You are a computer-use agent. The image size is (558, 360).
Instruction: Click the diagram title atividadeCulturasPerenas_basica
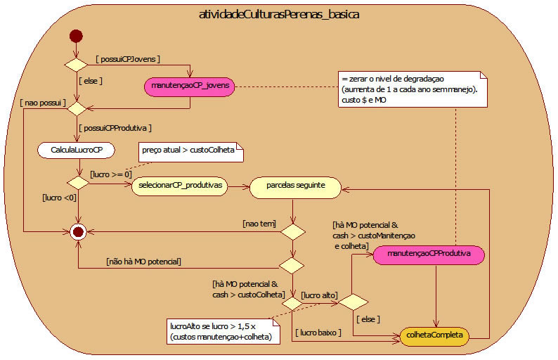(x=278, y=15)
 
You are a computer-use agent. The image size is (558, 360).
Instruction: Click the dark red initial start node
(x=76, y=37)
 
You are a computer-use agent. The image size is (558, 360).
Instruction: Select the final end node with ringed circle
(x=77, y=231)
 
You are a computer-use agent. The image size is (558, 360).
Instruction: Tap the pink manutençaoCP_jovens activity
(x=189, y=86)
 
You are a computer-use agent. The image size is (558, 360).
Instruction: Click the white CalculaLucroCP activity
(x=77, y=150)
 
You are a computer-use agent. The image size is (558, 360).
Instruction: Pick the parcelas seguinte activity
(x=295, y=186)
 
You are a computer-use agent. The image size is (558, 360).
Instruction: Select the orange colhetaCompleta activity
(x=435, y=336)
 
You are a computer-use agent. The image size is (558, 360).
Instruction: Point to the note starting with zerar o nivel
(x=411, y=89)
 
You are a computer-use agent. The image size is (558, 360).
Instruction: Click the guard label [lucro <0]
(x=60, y=198)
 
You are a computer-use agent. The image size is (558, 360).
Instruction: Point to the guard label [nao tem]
(x=259, y=224)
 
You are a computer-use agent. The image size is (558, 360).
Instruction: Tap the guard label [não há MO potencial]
(x=143, y=262)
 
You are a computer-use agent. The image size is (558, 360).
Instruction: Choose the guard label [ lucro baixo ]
(x=319, y=331)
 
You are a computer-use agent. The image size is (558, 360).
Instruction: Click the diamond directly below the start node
(x=76, y=65)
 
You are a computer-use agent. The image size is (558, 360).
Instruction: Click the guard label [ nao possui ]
(x=44, y=103)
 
